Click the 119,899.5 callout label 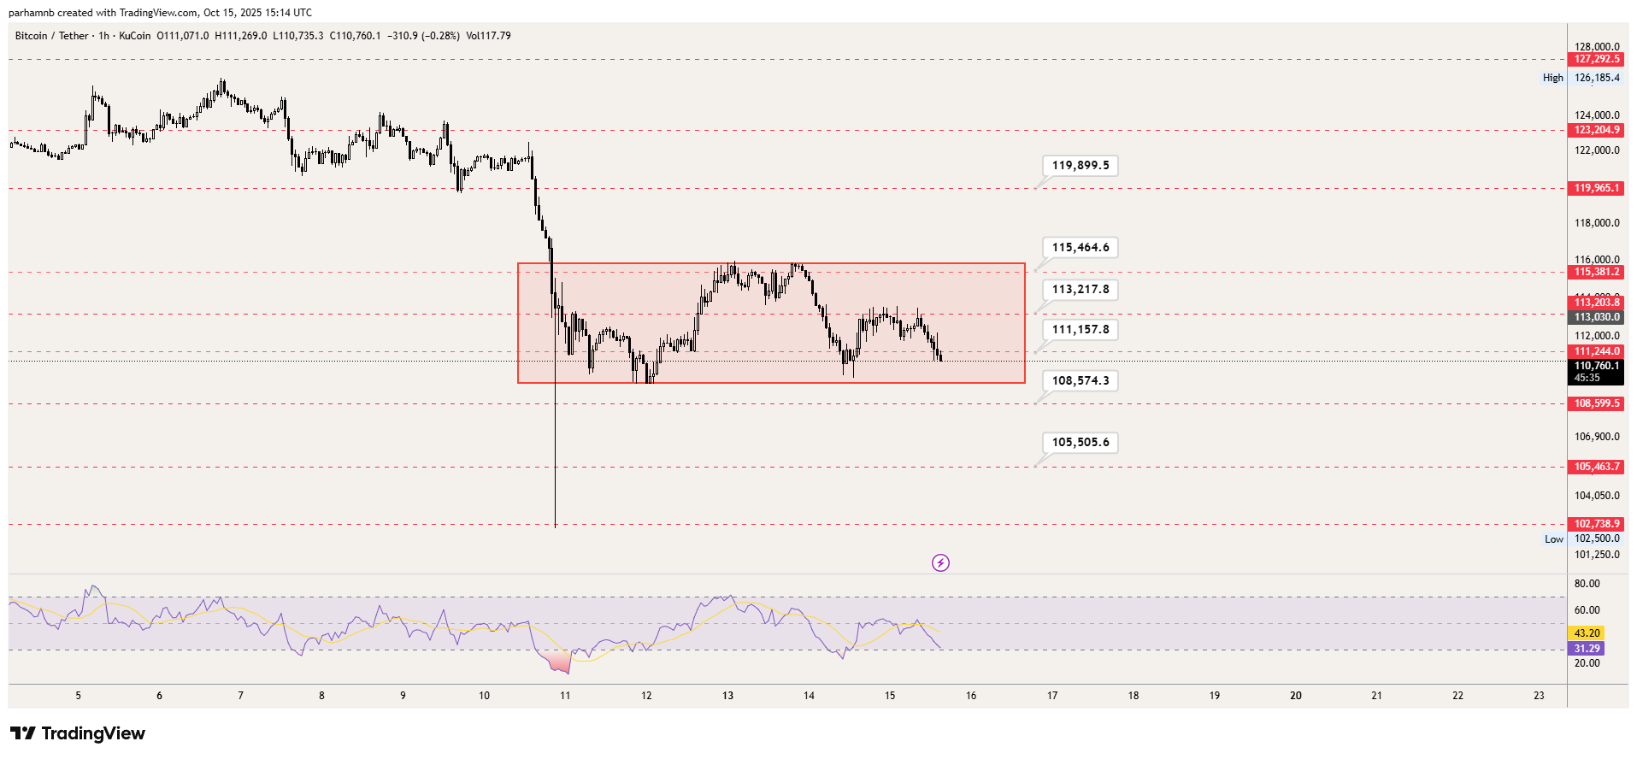pyautogui.click(x=1081, y=166)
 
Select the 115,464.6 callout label pyautogui.click(x=1081, y=248)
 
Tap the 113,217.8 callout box pyautogui.click(x=1081, y=290)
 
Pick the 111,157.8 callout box pyautogui.click(x=1081, y=330)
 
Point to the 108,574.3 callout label pyautogui.click(x=1081, y=381)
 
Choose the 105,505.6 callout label pyautogui.click(x=1081, y=443)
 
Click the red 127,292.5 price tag pyautogui.click(x=1596, y=59)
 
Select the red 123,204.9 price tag pyautogui.click(x=1596, y=130)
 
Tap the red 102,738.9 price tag pyautogui.click(x=1596, y=524)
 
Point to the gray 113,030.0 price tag pyautogui.click(x=1596, y=317)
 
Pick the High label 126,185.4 pyautogui.click(x=1596, y=78)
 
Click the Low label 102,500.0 pyautogui.click(x=1596, y=538)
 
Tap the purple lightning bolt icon pyautogui.click(x=940, y=562)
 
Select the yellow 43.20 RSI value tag pyautogui.click(x=1586, y=633)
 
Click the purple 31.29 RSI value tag pyautogui.click(x=1586, y=649)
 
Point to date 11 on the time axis pyautogui.click(x=565, y=696)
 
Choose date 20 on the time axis pyautogui.click(x=1296, y=696)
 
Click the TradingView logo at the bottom pyautogui.click(x=78, y=733)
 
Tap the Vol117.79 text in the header pyautogui.click(x=488, y=36)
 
